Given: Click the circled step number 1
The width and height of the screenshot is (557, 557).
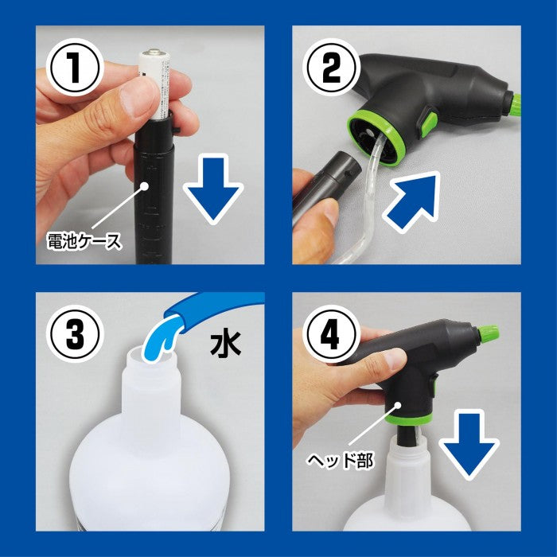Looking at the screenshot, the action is click(75, 68).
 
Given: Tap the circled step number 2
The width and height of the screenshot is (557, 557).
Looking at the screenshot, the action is click(331, 68).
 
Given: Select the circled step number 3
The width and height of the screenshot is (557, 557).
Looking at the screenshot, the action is click(75, 334).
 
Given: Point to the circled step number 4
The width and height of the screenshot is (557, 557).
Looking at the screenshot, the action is click(331, 334).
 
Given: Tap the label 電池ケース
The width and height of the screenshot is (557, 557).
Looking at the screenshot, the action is click(84, 241).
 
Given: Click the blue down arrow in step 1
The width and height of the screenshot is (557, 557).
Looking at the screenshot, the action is click(212, 189).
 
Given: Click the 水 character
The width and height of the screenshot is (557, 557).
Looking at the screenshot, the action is click(226, 344).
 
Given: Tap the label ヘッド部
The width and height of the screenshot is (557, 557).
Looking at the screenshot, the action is click(340, 461).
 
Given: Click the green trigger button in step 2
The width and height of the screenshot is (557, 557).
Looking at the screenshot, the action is click(429, 123).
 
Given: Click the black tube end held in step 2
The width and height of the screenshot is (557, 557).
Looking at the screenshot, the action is click(343, 167).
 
